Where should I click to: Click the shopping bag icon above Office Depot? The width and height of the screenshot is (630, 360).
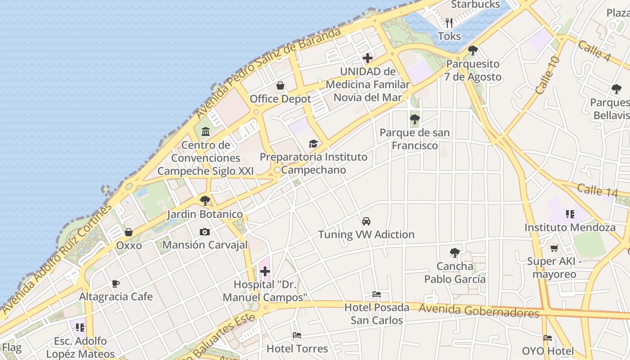coord(280,85)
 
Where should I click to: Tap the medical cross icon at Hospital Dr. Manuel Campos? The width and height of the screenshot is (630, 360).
coord(265,271)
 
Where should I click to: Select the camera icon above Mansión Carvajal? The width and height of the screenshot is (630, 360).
coord(205,232)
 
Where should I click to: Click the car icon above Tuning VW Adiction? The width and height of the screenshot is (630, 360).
coord(366,221)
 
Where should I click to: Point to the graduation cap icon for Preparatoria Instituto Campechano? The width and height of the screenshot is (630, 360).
coord(313,144)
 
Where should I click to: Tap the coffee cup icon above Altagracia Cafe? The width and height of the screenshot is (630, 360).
coord(116,283)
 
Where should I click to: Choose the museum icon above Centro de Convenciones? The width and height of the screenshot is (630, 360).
coord(206,131)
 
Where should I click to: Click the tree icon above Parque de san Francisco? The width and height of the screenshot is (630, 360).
coord(414,119)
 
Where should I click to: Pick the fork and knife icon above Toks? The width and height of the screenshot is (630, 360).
coord(449,22)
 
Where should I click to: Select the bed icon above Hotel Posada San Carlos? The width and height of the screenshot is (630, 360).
coord(377,294)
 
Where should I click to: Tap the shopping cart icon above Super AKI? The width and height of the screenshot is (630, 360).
coord(554,248)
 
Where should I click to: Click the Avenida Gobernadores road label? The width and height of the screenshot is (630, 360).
coord(479,310)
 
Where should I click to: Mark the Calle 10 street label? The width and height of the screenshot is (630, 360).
coord(548,75)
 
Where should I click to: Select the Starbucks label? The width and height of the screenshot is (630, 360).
coord(475,4)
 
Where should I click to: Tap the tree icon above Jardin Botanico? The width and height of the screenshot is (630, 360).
coord(205,200)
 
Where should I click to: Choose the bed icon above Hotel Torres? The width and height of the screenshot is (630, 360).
coord(297,335)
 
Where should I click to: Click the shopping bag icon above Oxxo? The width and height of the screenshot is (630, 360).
coord(129,232)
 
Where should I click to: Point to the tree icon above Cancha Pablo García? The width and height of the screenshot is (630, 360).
coord(454,253)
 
